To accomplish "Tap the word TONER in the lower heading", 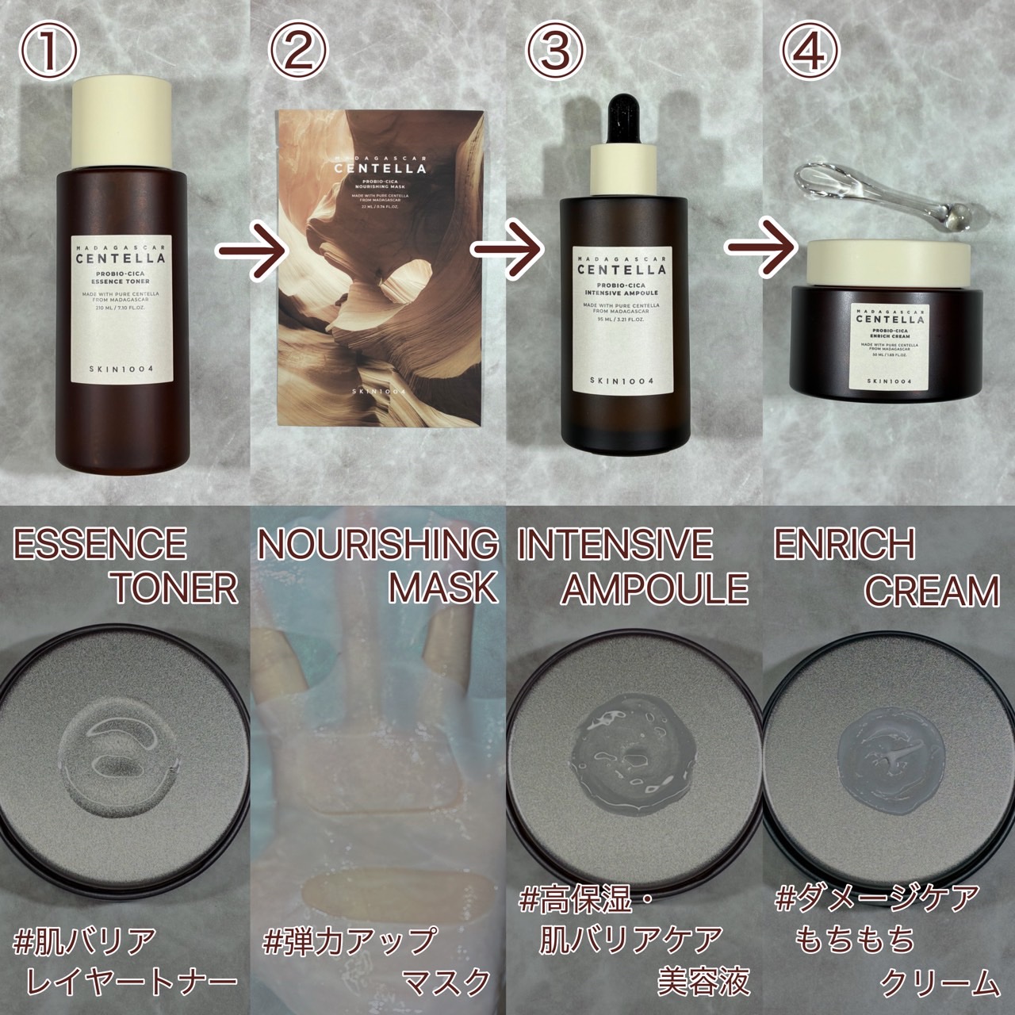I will click(x=176, y=588).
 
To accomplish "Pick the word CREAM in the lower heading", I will click(x=931, y=591).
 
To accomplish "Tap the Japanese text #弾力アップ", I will click(x=349, y=943).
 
